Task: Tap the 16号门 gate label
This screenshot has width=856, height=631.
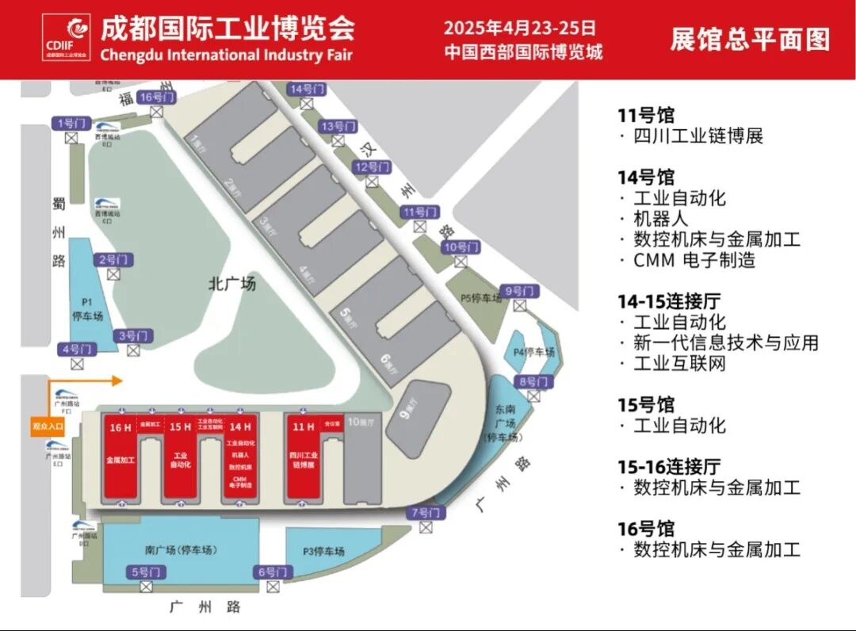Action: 156,97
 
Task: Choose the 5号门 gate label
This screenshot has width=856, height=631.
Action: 146,572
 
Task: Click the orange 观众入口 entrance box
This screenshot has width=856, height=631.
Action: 48,426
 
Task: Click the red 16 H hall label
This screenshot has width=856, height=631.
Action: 120,427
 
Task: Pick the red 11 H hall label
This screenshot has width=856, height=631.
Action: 303,427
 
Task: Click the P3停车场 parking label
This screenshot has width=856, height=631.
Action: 323,552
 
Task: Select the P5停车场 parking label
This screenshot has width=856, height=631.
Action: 482,298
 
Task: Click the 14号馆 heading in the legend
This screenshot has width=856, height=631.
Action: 646,177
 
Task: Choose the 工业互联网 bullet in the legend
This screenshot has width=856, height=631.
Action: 680,364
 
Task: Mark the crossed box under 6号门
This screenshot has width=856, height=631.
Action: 273,587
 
